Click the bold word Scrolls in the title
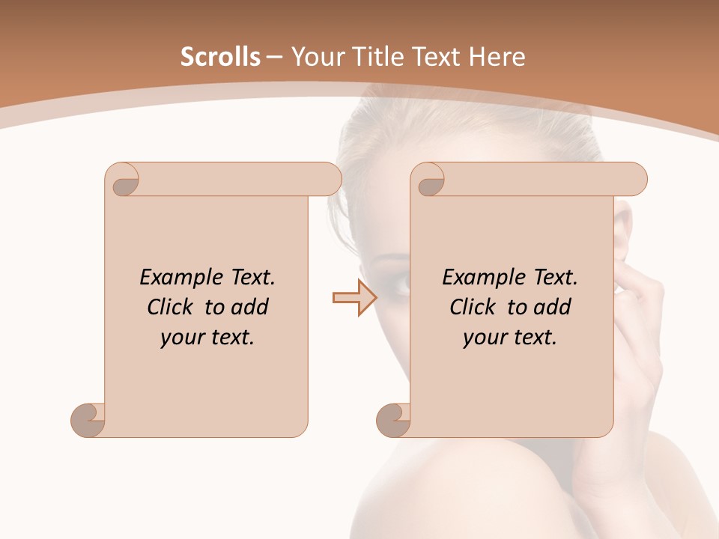click(x=220, y=57)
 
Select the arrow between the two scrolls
click(x=354, y=298)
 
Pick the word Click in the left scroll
click(x=170, y=307)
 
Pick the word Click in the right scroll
click(x=473, y=307)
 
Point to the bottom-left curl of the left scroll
click(x=88, y=420)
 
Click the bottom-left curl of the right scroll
click(x=393, y=420)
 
